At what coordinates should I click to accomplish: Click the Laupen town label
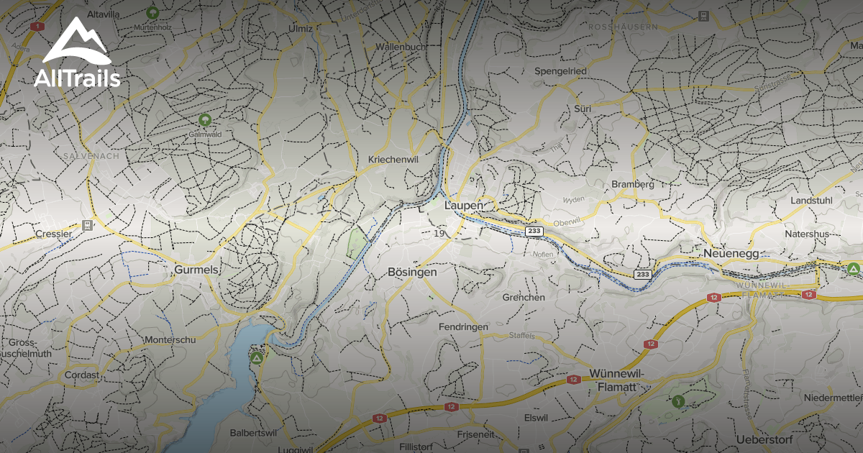point(465,206)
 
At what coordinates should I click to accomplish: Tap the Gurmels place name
point(195,270)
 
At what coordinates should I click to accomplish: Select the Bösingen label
point(412,273)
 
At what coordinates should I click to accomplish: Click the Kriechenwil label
point(393,159)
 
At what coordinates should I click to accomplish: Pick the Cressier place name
point(55,234)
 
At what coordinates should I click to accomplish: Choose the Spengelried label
point(560,71)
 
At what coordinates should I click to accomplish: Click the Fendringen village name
point(463,326)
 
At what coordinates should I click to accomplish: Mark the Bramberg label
point(633,184)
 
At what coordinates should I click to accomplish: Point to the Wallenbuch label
point(401,47)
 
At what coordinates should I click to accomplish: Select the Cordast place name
point(81,375)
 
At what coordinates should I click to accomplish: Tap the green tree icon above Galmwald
point(205,119)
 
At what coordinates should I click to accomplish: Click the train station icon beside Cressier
point(88,225)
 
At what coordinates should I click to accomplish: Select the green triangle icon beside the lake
point(256,357)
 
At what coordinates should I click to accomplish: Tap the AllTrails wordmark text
point(77,78)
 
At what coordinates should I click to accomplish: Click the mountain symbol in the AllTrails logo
point(76,41)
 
